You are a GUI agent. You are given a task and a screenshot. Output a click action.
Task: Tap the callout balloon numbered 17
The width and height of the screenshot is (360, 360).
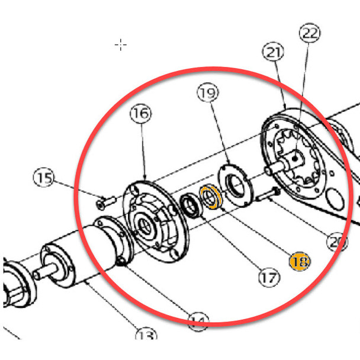(268, 277)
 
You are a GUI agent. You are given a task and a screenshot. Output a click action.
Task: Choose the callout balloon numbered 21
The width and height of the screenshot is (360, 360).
(272, 53)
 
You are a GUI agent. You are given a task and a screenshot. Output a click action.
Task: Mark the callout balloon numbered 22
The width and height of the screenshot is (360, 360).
(310, 33)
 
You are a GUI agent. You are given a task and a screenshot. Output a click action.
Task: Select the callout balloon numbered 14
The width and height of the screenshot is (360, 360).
(199, 323)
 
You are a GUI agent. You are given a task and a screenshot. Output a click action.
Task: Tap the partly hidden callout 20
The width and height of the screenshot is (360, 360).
(337, 241)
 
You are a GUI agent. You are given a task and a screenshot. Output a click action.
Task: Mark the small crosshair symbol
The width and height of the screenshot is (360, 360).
(121, 44)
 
